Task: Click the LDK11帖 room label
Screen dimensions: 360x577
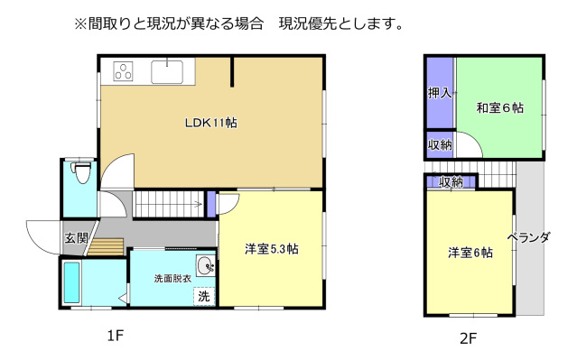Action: point(211,124)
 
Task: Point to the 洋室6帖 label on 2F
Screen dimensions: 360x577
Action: point(470,254)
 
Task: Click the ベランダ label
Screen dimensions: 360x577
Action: point(529,238)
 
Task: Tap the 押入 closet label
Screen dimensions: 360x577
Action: point(439,94)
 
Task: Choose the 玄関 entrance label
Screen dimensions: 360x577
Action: point(76,239)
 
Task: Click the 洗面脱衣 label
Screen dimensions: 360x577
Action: point(172,279)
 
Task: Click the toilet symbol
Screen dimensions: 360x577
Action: point(83,171)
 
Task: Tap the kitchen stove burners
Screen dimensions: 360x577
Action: point(124,70)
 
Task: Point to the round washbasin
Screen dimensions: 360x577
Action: point(206,266)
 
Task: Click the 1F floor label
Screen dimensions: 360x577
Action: point(115,337)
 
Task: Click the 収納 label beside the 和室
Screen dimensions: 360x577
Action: point(439,145)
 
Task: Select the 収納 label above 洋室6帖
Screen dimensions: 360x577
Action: point(451,182)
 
